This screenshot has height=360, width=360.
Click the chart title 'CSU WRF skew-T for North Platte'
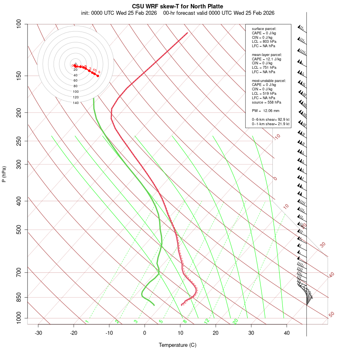click(x=177, y=6)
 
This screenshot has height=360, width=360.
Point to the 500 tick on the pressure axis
click(x=19, y=230)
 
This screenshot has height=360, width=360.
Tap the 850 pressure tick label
click(x=19, y=297)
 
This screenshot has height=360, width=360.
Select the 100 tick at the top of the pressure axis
click(x=19, y=24)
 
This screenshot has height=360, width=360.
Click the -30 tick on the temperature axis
click(x=38, y=333)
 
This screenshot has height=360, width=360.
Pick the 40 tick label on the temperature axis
click(x=287, y=333)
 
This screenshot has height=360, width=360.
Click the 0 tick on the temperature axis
click(x=145, y=333)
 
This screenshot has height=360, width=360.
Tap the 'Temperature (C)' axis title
click(x=177, y=345)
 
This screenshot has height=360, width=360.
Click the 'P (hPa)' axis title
click(x=4, y=174)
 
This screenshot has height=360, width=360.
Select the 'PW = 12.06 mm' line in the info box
click(x=266, y=111)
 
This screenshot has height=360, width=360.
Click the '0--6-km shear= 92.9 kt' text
click(x=270, y=120)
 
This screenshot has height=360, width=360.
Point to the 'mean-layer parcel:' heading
click(x=267, y=54)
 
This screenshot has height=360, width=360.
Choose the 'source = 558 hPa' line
click(x=266, y=102)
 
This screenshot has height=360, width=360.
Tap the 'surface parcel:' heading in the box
click(x=264, y=29)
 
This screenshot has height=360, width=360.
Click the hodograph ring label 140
click(x=76, y=103)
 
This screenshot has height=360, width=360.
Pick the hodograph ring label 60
click(x=76, y=80)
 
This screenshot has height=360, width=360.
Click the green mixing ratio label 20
click(x=236, y=321)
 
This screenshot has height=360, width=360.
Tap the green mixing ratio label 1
click(x=87, y=322)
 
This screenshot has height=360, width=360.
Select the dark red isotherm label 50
click(x=331, y=314)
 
